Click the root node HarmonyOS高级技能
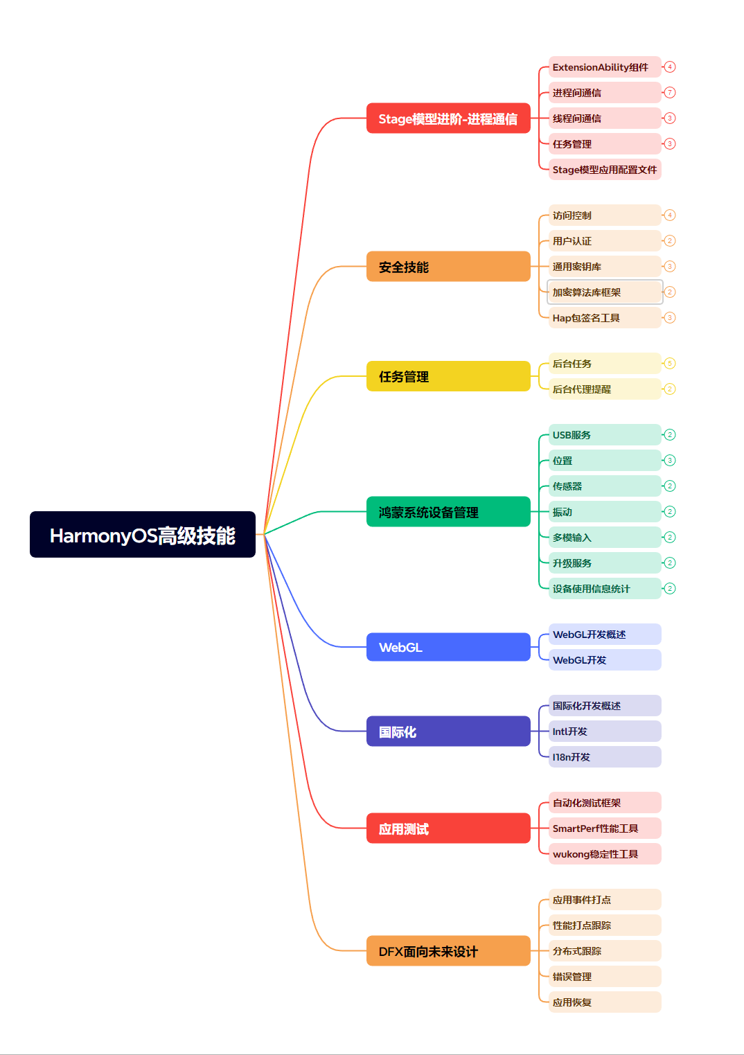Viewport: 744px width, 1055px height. pos(142,535)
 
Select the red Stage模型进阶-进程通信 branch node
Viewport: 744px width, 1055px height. pos(448,118)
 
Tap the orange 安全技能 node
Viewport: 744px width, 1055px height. pos(448,267)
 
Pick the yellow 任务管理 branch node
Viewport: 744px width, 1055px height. pos(448,376)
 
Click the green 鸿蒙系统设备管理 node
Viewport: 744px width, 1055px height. pos(448,512)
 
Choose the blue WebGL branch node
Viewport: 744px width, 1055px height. pos(448,647)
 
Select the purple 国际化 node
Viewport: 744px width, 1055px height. pos(448,732)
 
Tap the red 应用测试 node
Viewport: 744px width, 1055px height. pos(448,828)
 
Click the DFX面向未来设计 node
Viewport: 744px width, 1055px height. pos(448,951)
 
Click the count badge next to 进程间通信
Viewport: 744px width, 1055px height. pos(670,93)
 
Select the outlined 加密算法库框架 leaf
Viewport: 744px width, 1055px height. pos(604,292)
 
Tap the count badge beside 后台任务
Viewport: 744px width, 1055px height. pos(670,364)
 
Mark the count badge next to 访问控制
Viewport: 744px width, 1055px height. pos(670,215)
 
